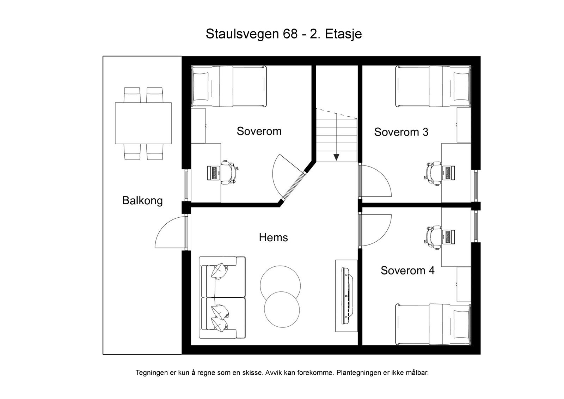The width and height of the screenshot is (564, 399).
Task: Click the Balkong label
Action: tap(142, 201)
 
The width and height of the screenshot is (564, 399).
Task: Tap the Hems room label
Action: tap(273, 237)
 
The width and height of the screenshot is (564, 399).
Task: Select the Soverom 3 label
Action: tap(401, 132)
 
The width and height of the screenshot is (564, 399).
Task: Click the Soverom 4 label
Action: tap(407, 271)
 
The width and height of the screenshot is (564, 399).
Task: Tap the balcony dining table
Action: tap(143, 123)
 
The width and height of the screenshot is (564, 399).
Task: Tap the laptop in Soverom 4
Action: tap(448, 236)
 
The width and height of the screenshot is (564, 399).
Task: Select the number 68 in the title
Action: tap(289, 34)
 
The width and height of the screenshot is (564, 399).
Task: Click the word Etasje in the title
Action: tap(343, 34)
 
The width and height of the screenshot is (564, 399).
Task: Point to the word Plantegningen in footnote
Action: tap(357, 373)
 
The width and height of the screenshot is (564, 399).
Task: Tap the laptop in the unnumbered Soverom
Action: tap(213, 173)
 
